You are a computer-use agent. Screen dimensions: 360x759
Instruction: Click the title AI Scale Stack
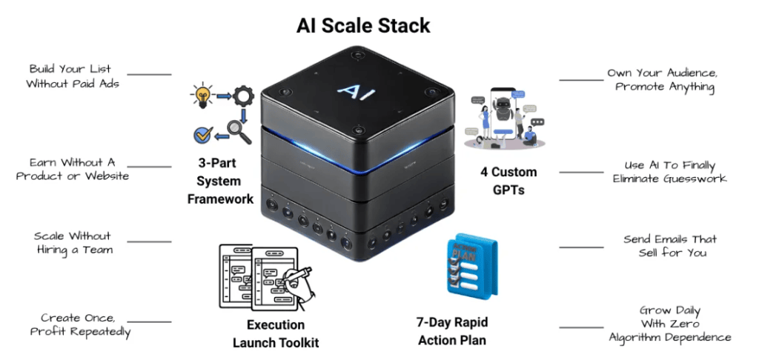pyautogui.click(x=363, y=25)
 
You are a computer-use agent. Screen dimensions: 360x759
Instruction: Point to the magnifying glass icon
pyautogui.click(x=239, y=132)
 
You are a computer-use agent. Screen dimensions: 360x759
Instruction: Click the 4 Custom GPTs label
pyautogui.click(x=508, y=180)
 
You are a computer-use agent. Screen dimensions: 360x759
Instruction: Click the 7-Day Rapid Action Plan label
pyautogui.click(x=451, y=331)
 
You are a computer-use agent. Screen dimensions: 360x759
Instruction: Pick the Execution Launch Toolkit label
pyautogui.click(x=276, y=333)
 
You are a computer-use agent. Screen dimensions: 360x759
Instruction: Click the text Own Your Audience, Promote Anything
pyautogui.click(x=662, y=80)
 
